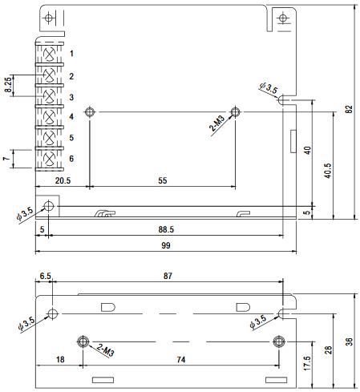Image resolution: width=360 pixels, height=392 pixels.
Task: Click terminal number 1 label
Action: [71, 54]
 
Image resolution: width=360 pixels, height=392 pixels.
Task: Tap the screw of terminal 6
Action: [49, 160]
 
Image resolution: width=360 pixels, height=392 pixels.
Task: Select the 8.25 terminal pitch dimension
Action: [8, 85]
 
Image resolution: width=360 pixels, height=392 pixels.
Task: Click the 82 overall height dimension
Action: [349, 109]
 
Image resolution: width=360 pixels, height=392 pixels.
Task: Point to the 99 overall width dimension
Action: [166, 245]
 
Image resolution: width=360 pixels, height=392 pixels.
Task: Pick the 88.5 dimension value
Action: [166, 229]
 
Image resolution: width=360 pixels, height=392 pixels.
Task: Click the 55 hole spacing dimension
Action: [163, 180]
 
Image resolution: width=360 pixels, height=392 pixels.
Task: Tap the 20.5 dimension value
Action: [63, 180]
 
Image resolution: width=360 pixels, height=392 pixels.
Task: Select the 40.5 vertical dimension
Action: [329, 171]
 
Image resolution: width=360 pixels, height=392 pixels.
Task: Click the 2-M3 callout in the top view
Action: [216, 123]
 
